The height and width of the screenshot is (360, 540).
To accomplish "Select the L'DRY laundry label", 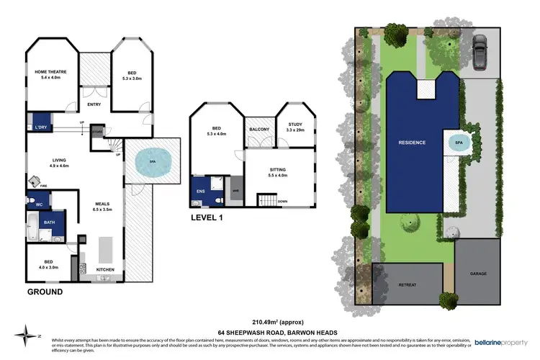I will [40, 127].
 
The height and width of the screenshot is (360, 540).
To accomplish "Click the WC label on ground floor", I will [38, 204].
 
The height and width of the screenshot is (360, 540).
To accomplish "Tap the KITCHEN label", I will [106, 270].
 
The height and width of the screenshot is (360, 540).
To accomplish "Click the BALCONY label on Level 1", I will [259, 130].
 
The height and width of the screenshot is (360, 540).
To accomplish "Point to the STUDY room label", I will [294, 125].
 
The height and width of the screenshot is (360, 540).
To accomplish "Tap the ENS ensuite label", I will [201, 192].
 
